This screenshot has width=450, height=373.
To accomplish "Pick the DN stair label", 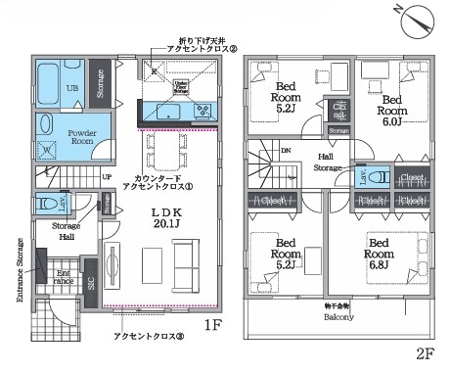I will (x=285, y=151).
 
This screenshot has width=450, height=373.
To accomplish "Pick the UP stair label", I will (x=106, y=177).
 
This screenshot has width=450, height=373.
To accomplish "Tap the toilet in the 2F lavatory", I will (x=381, y=178).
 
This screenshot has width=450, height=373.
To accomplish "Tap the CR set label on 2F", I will (x=339, y=110).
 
